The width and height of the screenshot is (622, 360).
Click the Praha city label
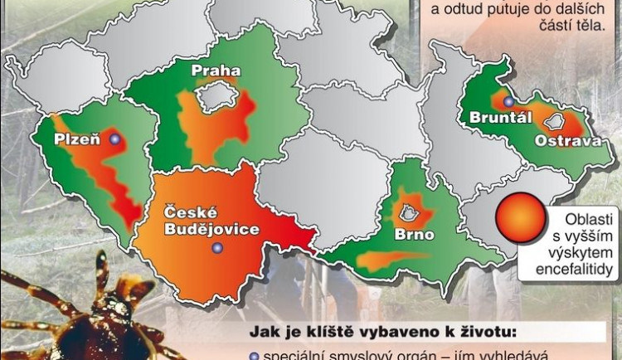point(215,71)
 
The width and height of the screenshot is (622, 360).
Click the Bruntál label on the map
point(500,118)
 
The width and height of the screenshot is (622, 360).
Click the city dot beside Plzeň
point(114,139)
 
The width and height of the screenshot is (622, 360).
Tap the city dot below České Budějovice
point(217,247)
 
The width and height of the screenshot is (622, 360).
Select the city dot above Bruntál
point(508,101)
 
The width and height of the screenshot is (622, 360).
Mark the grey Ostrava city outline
point(553,122)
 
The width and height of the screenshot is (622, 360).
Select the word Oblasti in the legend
point(585,218)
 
